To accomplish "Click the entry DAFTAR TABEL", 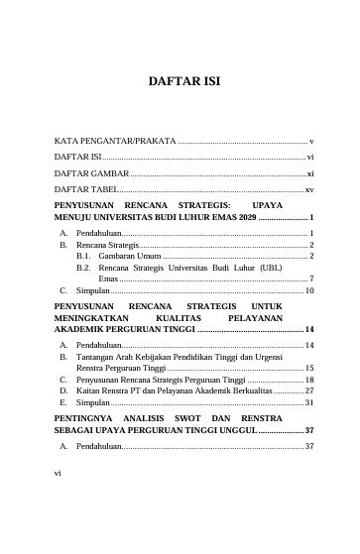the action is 85,188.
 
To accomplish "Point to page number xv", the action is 309,188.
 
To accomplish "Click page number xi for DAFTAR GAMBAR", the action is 310,172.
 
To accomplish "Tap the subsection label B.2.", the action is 83,267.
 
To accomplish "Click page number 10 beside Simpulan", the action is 309,291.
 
